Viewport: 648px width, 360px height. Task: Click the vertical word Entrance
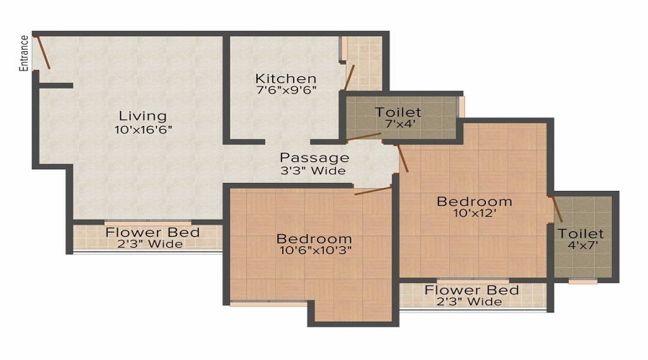click(24, 53)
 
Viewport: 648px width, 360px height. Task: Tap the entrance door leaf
click(42, 53)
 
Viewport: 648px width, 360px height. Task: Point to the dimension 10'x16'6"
click(143, 130)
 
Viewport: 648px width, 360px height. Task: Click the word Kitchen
click(286, 78)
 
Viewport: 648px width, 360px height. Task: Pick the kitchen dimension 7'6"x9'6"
click(287, 90)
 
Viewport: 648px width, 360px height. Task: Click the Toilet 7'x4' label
click(392, 117)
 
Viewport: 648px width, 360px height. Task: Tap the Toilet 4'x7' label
click(580, 239)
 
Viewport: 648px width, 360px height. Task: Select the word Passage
click(315, 158)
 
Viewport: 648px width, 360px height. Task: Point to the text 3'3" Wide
click(313, 171)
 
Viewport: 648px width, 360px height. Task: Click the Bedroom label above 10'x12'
click(474, 202)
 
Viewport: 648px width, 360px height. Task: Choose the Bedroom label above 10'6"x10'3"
click(314, 238)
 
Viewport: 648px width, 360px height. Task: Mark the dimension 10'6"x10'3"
click(315, 250)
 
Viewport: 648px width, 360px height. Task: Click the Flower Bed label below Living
click(153, 233)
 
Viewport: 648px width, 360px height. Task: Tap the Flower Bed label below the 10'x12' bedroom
click(472, 290)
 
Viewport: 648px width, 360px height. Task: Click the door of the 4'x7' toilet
click(557, 209)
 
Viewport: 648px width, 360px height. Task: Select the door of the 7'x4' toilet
click(364, 137)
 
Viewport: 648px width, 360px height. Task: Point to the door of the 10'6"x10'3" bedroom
click(373, 191)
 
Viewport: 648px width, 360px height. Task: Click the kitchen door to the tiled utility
click(349, 77)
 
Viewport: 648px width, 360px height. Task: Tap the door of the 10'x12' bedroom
click(402, 158)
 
